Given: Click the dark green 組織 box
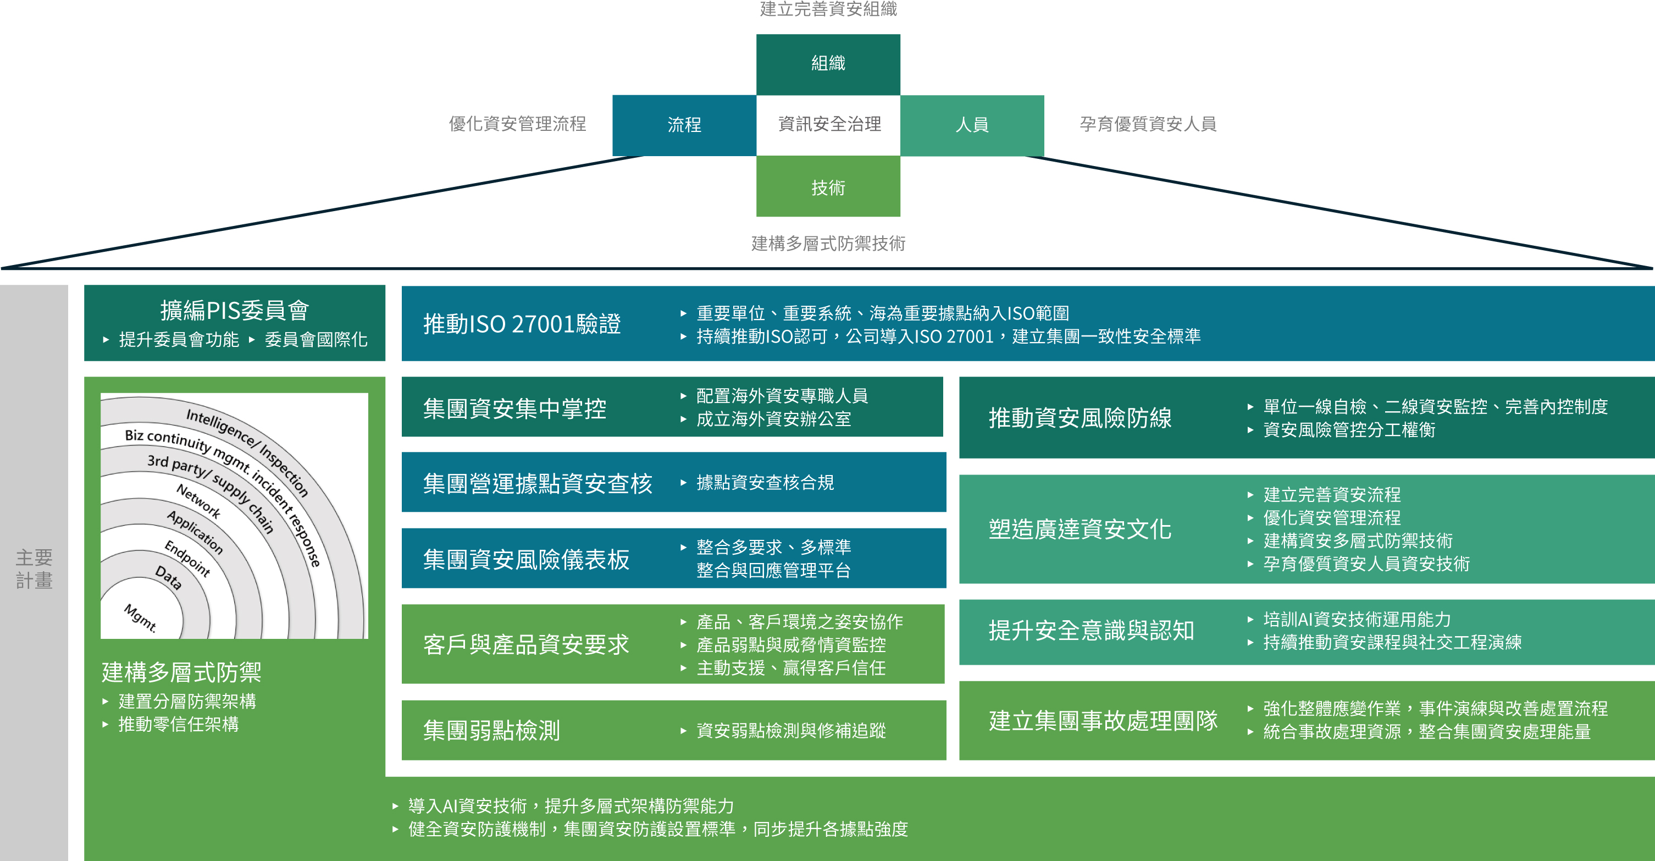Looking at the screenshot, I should [828, 64].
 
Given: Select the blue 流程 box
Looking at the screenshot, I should [684, 125].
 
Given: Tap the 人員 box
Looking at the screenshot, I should [971, 125].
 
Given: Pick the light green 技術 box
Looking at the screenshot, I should [828, 187].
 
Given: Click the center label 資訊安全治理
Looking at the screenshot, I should [829, 124].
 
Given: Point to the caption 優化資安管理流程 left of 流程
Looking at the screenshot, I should [517, 123].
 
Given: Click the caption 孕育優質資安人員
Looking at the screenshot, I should [1148, 123].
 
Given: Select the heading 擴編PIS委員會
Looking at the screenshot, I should [235, 310].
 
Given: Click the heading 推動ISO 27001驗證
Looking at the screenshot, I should [522, 324].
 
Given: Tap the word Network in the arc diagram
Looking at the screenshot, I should [198, 501].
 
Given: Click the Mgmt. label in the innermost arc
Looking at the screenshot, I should [141, 617].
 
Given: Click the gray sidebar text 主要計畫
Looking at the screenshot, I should [34, 569].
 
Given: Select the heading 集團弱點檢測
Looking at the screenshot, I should [491, 731].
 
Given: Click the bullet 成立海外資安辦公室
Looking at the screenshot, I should [773, 419].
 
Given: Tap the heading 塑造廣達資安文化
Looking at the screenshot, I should [1080, 529].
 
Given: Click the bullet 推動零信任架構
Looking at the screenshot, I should [179, 724].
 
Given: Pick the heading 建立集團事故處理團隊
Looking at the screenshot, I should [1103, 720].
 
